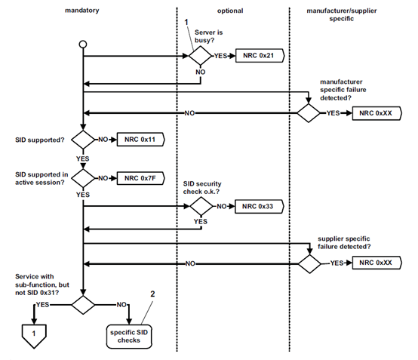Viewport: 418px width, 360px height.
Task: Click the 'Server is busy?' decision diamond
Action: (200, 56)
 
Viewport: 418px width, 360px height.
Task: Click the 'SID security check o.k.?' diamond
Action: (200, 205)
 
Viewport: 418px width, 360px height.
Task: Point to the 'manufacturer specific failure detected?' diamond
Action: (309, 112)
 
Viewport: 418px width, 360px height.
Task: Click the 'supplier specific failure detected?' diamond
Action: (309, 263)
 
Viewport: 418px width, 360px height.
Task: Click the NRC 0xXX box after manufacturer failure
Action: (377, 112)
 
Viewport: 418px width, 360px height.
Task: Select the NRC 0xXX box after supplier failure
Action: (377, 263)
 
